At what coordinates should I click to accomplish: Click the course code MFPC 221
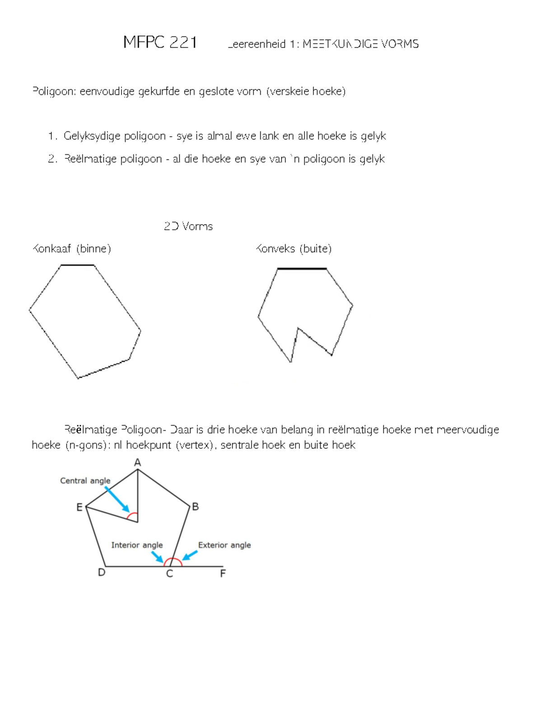[x=160, y=42]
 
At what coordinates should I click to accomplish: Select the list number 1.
[x=52, y=136]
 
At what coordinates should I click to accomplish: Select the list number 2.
[x=52, y=159]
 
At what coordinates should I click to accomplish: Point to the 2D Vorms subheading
[x=188, y=226]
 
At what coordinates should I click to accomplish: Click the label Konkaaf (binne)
[x=71, y=249]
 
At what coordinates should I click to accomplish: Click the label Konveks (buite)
[x=294, y=249]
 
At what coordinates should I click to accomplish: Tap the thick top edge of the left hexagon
[x=77, y=265]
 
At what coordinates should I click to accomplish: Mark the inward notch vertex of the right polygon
[x=298, y=328]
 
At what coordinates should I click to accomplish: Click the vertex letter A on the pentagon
[x=138, y=462]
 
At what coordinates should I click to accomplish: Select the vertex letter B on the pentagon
[x=196, y=506]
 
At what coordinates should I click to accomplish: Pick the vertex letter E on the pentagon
[x=79, y=507]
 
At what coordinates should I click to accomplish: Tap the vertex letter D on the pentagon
[x=102, y=573]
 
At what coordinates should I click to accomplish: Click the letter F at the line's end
[x=223, y=574]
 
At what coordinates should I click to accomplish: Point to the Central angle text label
[x=85, y=481]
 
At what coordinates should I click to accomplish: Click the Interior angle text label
[x=137, y=545]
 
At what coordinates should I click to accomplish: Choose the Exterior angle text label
[x=224, y=545]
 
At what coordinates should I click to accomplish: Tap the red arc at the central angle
[x=132, y=515]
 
